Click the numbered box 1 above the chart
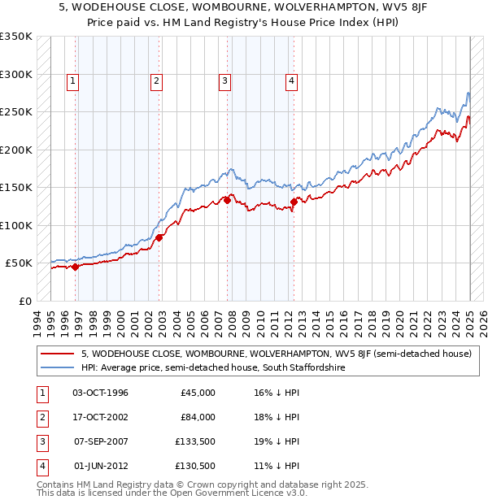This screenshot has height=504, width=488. coord(73,80)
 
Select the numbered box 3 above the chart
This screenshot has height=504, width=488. coord(224,80)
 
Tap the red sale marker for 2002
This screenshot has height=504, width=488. coord(159,237)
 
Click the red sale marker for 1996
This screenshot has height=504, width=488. coord(75,267)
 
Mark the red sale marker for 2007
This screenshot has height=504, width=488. coord(227,200)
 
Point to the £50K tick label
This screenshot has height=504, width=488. coord(19,263)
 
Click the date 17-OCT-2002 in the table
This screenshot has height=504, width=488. coord(101,417)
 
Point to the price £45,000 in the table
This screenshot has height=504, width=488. coord(198,393)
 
